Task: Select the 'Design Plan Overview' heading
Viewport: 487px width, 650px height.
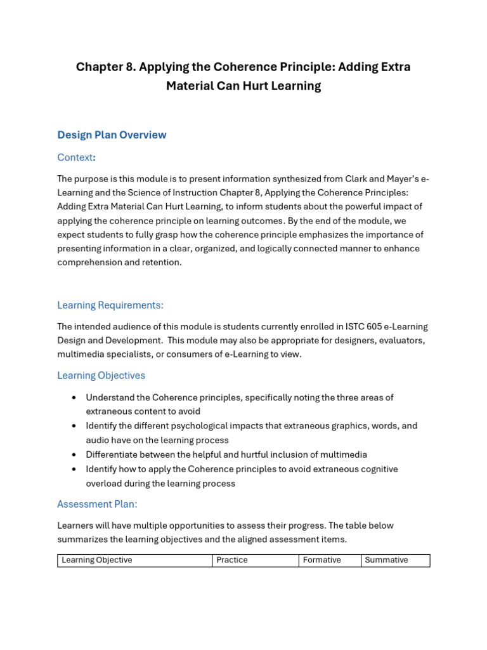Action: pyautogui.click(x=112, y=135)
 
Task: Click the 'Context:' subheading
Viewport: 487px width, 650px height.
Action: pyautogui.click(x=76, y=157)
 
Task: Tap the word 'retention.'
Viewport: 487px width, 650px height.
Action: pyautogui.click(x=162, y=262)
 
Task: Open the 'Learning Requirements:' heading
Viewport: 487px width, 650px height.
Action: pyautogui.click(x=110, y=305)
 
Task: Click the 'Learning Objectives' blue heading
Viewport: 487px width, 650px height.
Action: pyautogui.click(x=101, y=376)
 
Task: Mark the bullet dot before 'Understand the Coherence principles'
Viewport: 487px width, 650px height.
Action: pyautogui.click(x=74, y=398)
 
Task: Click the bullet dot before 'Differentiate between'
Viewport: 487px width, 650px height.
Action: pyautogui.click(x=74, y=455)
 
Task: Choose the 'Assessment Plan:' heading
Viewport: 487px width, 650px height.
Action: pyautogui.click(x=97, y=505)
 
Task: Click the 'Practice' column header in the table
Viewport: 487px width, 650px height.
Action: pyautogui.click(x=232, y=560)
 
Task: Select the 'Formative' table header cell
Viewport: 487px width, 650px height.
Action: pyautogui.click(x=322, y=560)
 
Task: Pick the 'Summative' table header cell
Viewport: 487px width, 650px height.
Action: pyautogui.click(x=387, y=560)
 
